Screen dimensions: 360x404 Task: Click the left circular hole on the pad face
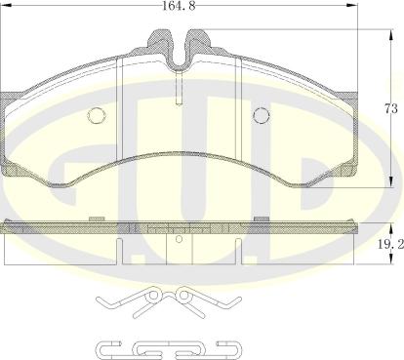(x=97, y=115)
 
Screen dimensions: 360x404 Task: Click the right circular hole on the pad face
(x=261, y=115)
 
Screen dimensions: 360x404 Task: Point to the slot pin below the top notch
(x=179, y=90)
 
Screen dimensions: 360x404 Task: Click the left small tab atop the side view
(x=96, y=219)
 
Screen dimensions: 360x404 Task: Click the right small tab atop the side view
(x=261, y=219)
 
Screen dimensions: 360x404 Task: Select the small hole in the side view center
(x=179, y=234)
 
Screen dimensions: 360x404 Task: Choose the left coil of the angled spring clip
(x=152, y=293)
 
